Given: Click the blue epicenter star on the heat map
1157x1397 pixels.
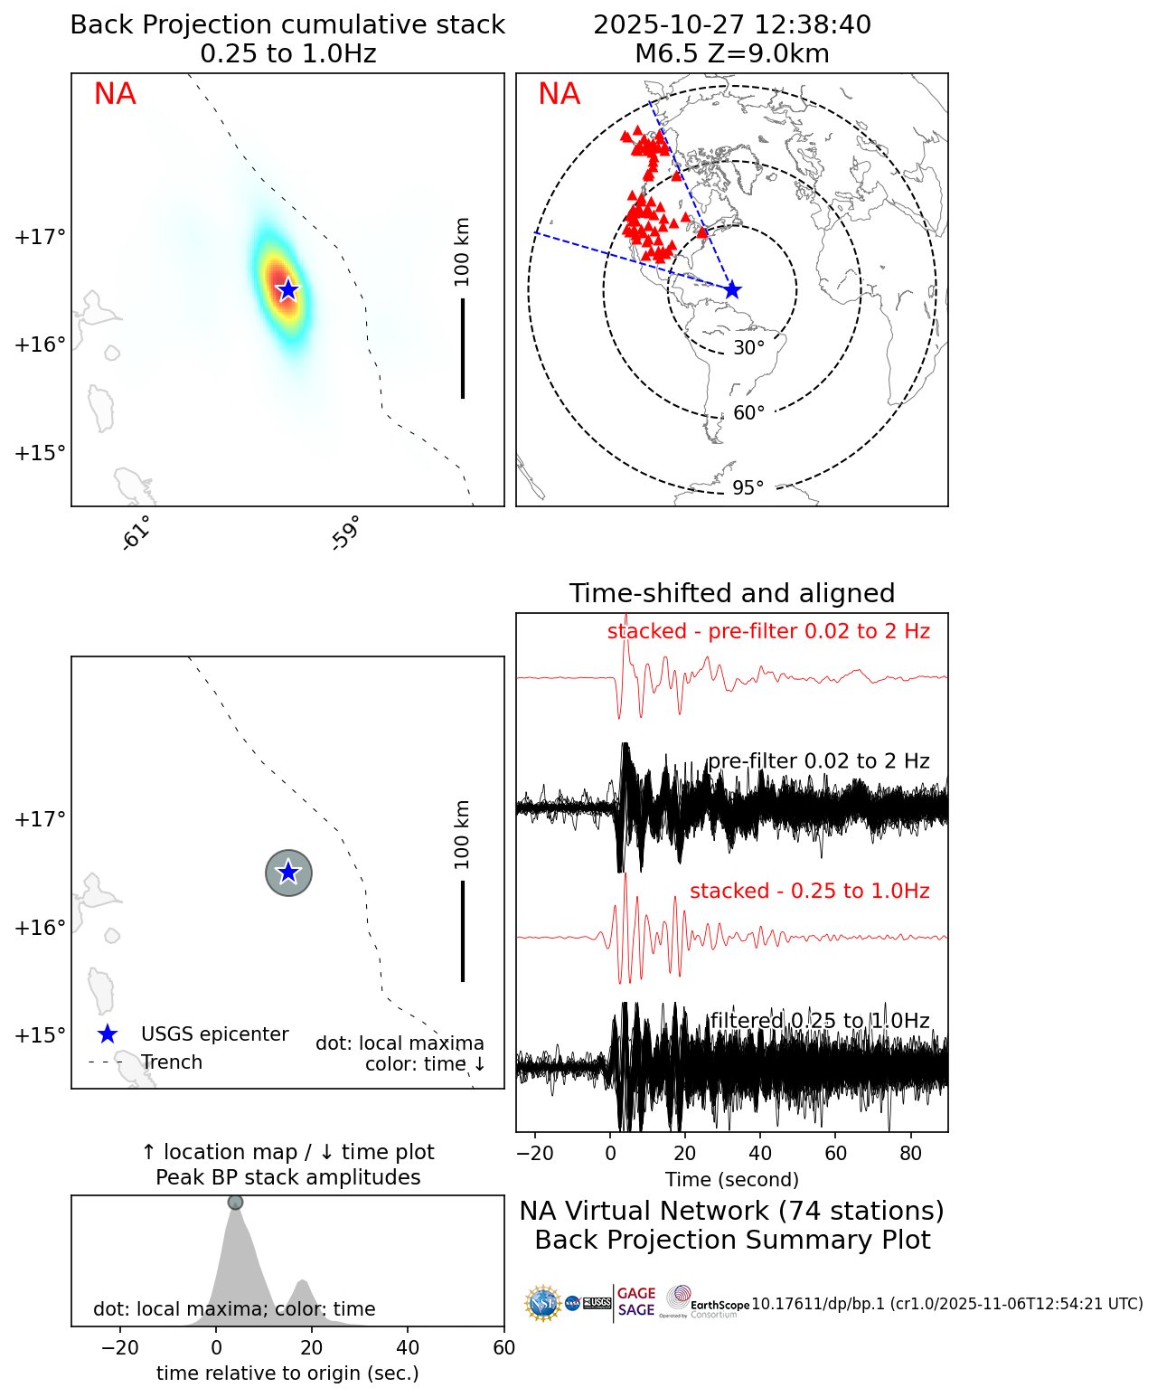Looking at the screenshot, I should pos(287,289).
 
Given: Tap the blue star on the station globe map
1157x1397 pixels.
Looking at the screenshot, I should pos(732,289).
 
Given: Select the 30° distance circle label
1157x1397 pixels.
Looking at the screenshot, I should pos(748,348).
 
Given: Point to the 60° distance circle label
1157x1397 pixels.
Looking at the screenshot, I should pos(748,413).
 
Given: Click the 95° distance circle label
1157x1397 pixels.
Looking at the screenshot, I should pos(748,488).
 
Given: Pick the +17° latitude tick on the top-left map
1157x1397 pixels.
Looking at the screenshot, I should pos(40,237).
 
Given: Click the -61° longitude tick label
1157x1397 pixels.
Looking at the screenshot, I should pos(136,533).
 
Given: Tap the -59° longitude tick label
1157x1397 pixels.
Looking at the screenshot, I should pos(346,533).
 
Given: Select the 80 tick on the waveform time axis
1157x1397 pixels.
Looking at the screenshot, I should pos(911,1153).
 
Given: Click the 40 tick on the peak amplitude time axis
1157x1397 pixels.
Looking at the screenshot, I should pos(408,1348).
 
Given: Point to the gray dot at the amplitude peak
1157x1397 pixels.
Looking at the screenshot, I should pos(235,1202).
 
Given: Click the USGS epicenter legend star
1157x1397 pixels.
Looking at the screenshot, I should pos(108,1034).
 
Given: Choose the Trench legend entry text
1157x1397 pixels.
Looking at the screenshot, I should pos(172,1062).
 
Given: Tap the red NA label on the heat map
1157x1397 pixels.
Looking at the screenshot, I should pos(115,94).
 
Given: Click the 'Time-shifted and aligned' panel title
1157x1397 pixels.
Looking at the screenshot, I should pos(731,593).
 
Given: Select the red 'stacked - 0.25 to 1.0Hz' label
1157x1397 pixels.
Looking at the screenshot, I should pos(809,891).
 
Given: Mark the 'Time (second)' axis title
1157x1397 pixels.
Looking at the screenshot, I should pos(731,1179).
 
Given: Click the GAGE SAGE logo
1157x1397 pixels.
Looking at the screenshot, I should pos(636,1302).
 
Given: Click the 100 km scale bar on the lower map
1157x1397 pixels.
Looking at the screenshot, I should pos(463,930).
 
